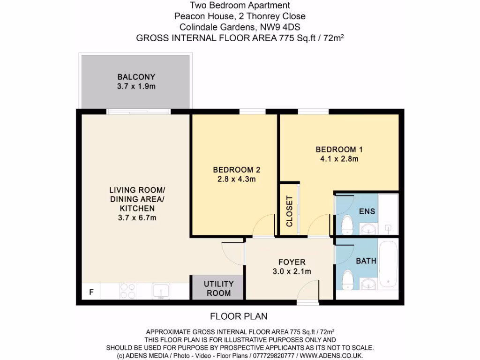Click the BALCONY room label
tap(136, 77)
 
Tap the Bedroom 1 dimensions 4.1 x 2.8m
tap(339, 159)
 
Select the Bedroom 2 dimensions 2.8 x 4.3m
tap(236, 179)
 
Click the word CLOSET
tap(289, 211)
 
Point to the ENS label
tap(367, 211)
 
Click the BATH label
tap(366, 261)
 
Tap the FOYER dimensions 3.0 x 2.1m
tap(292, 271)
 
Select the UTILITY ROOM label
tap(218, 288)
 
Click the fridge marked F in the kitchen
tap(91, 292)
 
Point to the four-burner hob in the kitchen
tap(128, 291)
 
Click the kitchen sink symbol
tap(160, 291)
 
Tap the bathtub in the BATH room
tap(388, 265)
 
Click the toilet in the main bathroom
tap(347, 280)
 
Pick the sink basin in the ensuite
tap(369, 229)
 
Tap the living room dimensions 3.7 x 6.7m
tap(136, 217)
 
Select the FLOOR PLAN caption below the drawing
tap(239, 316)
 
